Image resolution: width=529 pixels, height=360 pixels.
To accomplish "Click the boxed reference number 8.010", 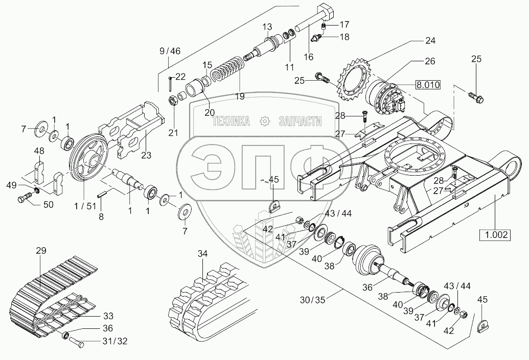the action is pos(427,85).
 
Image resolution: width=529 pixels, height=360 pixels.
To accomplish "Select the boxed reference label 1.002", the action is pos(495,234).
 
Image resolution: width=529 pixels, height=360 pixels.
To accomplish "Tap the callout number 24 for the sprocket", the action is pos(430,41).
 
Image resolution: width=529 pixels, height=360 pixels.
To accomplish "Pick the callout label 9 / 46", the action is pos(170,51).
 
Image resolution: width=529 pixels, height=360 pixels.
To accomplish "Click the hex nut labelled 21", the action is pos(172,100).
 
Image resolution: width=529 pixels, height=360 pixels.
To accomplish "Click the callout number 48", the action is pos(39,151).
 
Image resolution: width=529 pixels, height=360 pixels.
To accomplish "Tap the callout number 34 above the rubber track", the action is pos(203,253).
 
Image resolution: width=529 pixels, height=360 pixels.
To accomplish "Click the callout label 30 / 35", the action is pos(313,300).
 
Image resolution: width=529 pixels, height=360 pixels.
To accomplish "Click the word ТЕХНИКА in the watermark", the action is pos(231,122).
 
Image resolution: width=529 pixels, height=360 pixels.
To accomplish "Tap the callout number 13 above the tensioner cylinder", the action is pos(267,27).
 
